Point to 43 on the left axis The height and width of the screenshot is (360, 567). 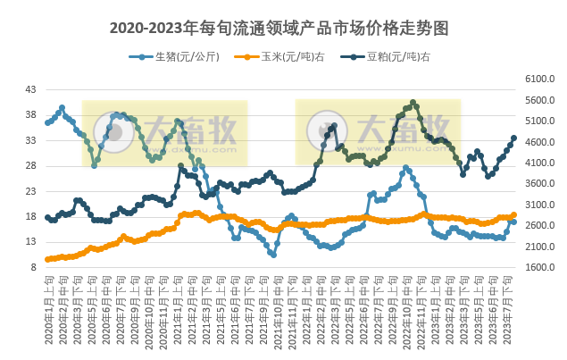(31, 90)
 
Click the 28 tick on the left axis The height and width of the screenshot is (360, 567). (31, 166)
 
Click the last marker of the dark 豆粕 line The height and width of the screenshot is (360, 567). (513, 138)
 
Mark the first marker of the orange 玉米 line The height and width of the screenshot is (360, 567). (47, 260)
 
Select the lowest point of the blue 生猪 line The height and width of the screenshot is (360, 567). (273, 255)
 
